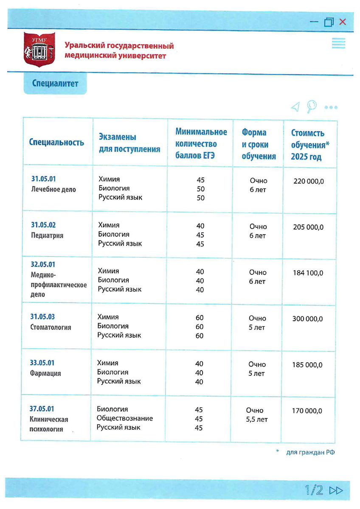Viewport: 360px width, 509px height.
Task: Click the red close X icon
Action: click(343, 22)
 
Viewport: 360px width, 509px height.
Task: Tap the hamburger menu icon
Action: click(338, 43)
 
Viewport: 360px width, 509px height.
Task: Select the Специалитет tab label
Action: click(55, 84)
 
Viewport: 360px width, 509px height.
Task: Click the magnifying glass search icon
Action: click(312, 106)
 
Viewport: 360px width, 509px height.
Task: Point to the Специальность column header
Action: click(56, 142)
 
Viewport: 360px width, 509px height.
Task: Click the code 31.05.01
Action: click(43, 179)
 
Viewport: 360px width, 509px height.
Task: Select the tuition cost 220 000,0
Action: click(309, 181)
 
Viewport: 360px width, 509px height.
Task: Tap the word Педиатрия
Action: click(47, 235)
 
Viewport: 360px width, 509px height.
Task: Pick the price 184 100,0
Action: click(308, 273)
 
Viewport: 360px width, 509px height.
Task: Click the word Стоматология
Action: click(51, 327)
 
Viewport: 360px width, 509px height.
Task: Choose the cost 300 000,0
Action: click(307, 319)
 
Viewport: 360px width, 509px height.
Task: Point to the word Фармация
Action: click(45, 373)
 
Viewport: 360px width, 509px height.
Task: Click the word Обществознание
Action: click(125, 418)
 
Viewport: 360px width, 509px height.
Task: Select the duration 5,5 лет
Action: click(257, 420)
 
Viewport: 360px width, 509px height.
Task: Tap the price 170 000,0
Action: click(307, 411)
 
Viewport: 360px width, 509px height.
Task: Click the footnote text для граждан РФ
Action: click(310, 452)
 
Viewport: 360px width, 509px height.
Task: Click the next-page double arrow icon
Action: click(336, 491)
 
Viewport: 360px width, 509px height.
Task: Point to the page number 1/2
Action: click(314, 490)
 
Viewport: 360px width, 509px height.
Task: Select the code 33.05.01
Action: click(42, 363)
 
